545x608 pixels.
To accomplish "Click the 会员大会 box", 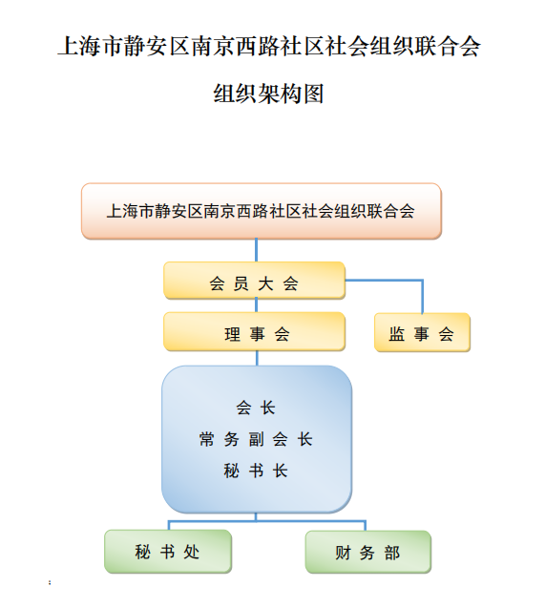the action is coord(254,281).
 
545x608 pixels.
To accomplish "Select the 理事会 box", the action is coord(254,331).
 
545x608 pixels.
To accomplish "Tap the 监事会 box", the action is coord(422,332).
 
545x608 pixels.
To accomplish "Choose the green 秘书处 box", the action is coord(168,552).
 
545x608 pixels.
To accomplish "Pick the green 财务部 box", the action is coord(368,552).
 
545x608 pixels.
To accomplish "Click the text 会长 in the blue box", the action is coord(256,408).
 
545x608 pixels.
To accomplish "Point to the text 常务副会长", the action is coord(256,439).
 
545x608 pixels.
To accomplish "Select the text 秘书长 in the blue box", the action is coord(256,471).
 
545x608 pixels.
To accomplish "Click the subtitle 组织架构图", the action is coord(268,94).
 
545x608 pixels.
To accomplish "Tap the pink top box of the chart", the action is coord(262,211).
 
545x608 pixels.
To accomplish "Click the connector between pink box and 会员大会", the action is coord(256,250).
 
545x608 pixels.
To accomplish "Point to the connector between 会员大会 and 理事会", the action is coord(256,305).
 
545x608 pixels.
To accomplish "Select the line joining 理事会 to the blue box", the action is coord(257,358).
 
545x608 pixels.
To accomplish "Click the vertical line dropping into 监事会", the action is coord(422,297).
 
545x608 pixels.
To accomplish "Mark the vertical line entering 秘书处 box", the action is coord(169,525).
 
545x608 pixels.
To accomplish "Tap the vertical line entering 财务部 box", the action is coord(366,526).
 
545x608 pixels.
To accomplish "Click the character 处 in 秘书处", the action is coord(192,552).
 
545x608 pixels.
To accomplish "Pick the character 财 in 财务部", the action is coord(343,553).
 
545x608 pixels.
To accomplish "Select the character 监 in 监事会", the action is coord(397,334).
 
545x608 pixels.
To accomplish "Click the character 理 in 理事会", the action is coord(233,334).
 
